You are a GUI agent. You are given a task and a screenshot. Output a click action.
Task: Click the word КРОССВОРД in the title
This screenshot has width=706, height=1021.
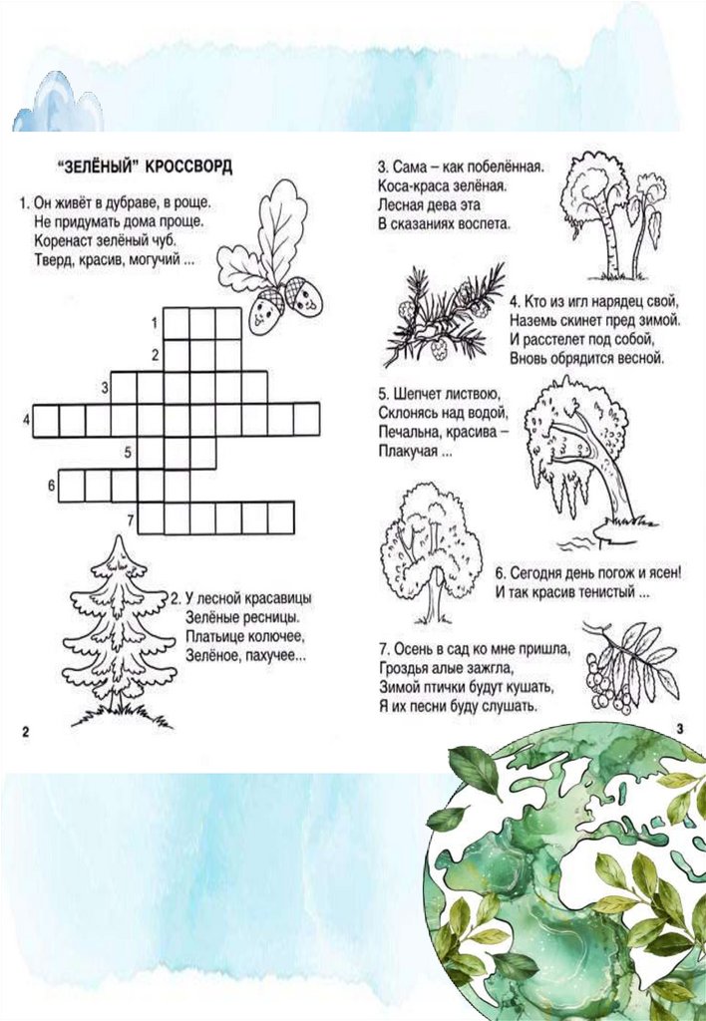pos(187,167)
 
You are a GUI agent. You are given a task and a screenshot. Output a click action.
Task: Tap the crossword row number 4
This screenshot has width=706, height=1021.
pos(27,420)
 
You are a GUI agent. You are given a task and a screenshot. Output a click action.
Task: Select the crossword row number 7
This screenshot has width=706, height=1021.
pos(131,519)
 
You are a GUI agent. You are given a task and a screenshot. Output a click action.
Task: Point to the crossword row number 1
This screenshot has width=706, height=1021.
pos(155,323)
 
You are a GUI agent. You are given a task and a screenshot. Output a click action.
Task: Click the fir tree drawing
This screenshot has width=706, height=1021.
pos(120,630)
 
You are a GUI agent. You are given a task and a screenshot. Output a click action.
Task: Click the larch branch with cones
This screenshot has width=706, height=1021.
pos(444,317)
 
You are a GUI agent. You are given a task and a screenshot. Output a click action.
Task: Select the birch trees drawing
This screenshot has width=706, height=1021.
pos(613,216)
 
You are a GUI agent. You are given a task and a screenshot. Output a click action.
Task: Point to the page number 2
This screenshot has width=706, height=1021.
pos(25,731)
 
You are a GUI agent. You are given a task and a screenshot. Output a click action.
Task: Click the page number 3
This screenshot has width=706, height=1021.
pos(680,729)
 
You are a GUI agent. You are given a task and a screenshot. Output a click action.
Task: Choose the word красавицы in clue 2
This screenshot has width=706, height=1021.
pos(279,598)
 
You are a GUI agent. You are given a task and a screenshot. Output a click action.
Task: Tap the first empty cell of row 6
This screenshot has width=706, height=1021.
pos(72,486)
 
